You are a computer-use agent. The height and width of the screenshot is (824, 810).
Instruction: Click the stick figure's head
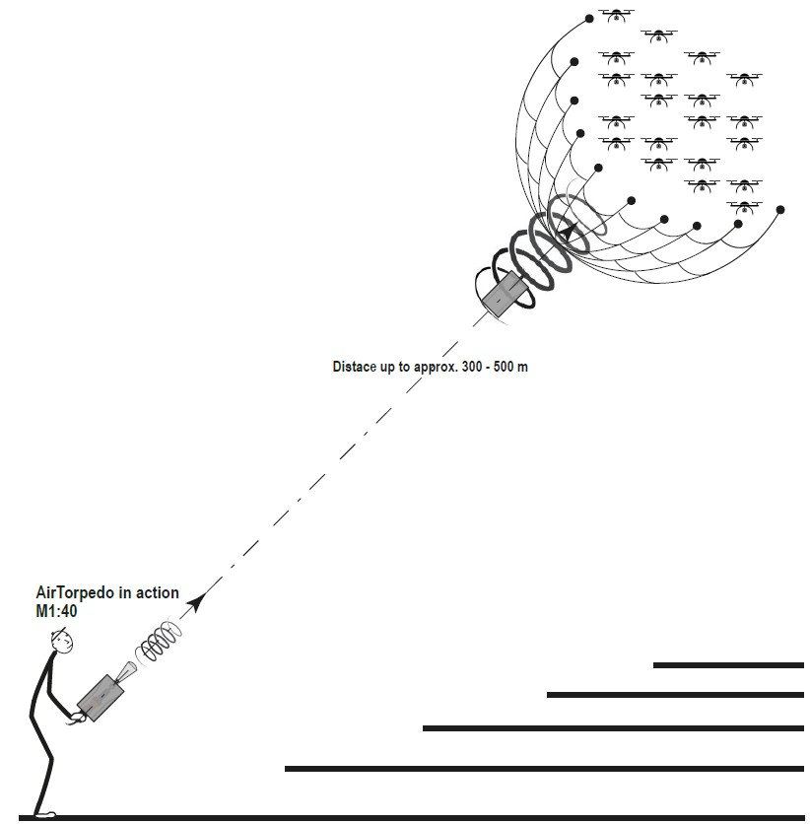pos(63,642)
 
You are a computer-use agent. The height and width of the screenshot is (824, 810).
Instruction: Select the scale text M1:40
pos(56,611)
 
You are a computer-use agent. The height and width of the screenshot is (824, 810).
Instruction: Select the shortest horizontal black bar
pos(728,665)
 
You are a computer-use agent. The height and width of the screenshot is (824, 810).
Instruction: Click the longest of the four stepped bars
pos(544,768)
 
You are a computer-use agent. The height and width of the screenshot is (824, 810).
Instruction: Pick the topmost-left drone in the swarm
pos(617,15)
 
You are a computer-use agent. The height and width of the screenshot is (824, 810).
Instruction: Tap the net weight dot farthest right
pos(780,209)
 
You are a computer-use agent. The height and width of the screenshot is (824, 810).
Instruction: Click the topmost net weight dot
pos(589,17)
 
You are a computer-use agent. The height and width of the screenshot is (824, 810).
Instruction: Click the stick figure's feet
pos(45,813)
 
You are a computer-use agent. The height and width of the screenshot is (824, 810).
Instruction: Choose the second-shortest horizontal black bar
pos(675,695)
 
